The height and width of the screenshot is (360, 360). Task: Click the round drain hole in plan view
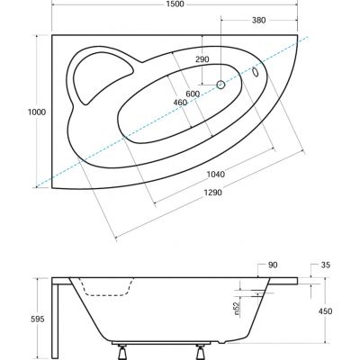(220, 85)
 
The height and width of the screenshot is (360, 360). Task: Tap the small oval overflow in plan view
(256, 73)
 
